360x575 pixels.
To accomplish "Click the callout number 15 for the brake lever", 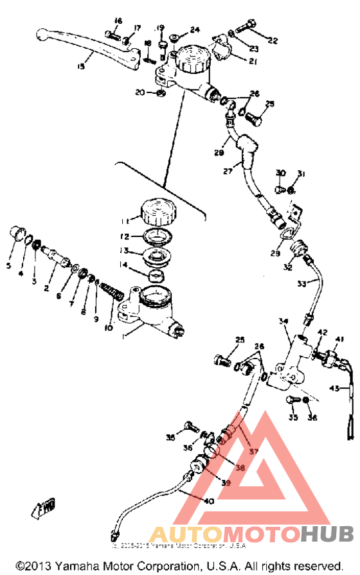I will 81,66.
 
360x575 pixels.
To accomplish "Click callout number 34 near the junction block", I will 283,321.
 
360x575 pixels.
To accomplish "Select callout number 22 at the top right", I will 273,40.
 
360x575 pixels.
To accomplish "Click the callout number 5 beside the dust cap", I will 9,265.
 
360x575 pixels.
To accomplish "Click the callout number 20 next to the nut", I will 140,93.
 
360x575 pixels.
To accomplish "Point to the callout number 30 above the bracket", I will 280,173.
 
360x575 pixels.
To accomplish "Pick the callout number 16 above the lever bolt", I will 117,21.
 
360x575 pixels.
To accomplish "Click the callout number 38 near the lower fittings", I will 240,468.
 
